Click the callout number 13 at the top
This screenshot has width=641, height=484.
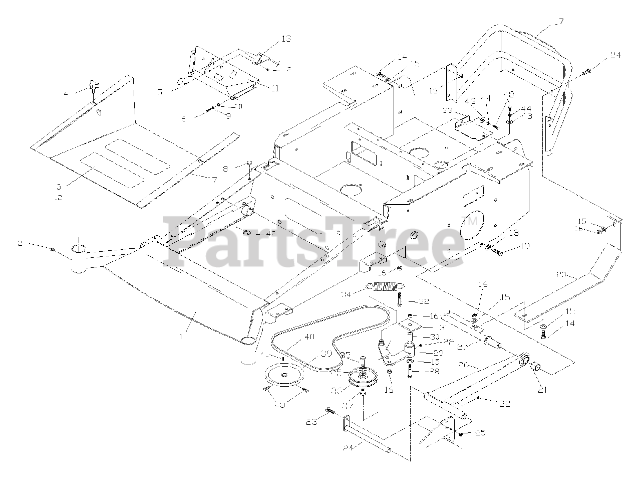[285, 39]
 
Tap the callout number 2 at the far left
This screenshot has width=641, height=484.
[21, 243]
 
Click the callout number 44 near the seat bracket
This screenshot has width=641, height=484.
[525, 108]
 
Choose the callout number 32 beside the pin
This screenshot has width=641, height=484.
[424, 302]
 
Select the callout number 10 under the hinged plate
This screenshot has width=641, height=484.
[238, 106]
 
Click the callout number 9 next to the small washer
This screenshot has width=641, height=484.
[228, 116]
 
